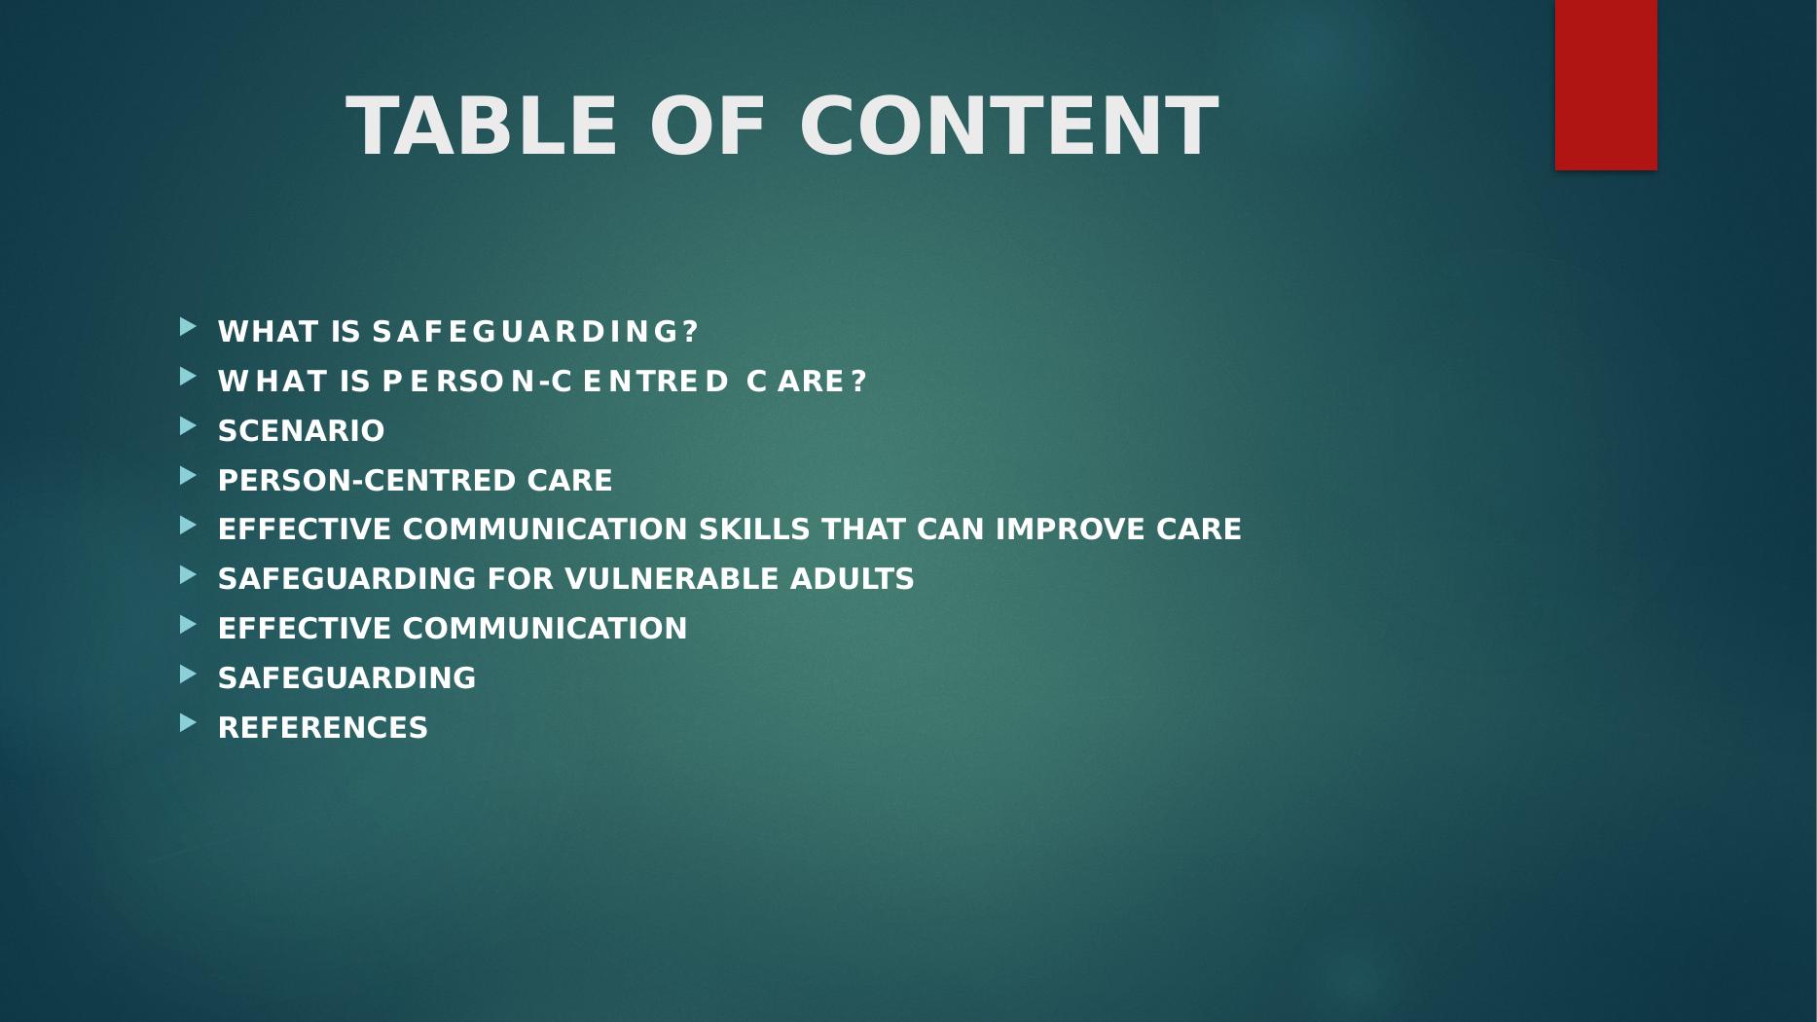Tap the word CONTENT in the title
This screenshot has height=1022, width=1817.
[x=1009, y=126]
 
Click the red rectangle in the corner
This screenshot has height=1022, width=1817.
[x=1606, y=85]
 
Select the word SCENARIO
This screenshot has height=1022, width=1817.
[x=302, y=431]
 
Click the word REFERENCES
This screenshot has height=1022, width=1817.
[x=323, y=728]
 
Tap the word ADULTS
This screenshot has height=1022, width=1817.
[x=853, y=579]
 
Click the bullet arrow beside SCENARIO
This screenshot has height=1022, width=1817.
[x=188, y=426]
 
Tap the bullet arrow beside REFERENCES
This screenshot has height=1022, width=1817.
[x=188, y=723]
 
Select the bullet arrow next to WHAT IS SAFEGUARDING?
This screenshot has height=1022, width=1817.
[x=188, y=327]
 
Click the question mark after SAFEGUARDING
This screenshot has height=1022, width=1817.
[x=691, y=332]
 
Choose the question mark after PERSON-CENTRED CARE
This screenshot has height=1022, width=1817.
[x=858, y=382]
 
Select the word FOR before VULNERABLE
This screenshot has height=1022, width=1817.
[x=521, y=579]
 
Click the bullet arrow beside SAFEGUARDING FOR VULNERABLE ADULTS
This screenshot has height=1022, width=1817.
[x=188, y=574]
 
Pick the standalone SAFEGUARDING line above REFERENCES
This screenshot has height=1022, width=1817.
[x=347, y=678]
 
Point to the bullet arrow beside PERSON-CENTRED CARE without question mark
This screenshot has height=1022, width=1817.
[x=188, y=475]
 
